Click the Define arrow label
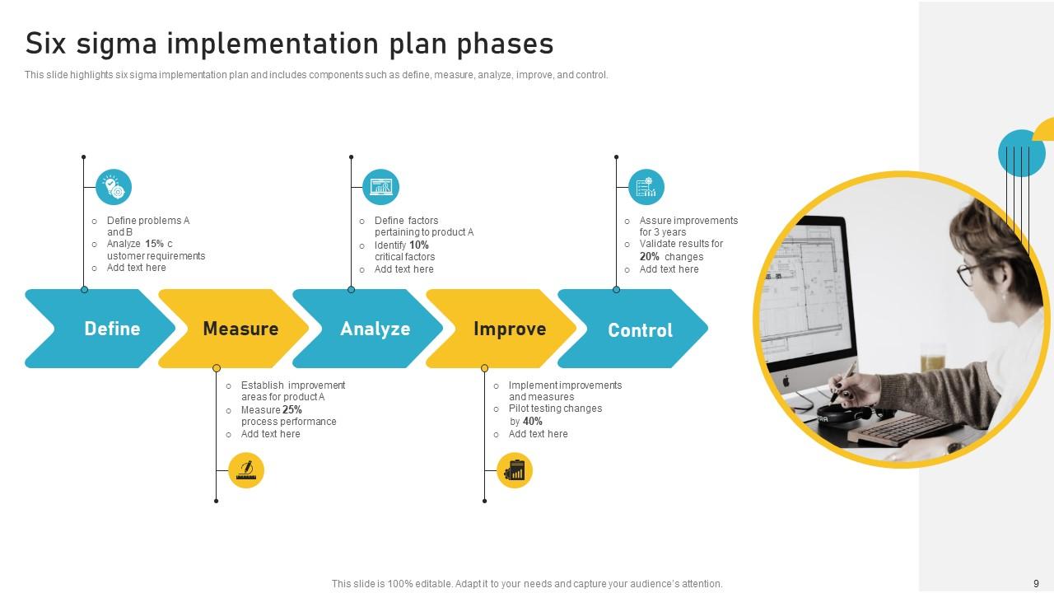pyautogui.click(x=112, y=329)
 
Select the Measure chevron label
pyautogui.click(x=240, y=329)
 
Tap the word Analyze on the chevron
pyautogui.click(x=375, y=329)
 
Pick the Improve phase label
pyautogui.click(x=509, y=329)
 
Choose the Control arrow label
pyautogui.click(x=640, y=330)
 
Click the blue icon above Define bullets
pyautogui.click(x=114, y=188)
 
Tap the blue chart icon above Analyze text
pyautogui.click(x=380, y=188)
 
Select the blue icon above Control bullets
pyautogui.click(x=646, y=188)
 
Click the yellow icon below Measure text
pyautogui.click(x=245, y=470)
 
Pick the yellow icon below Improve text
pyautogui.click(x=515, y=470)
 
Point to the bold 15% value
pyautogui.click(x=154, y=244)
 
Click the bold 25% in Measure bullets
pyautogui.click(x=292, y=409)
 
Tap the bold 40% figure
pyautogui.click(x=532, y=421)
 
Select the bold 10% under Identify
pyautogui.click(x=418, y=245)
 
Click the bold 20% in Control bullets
pyautogui.click(x=650, y=256)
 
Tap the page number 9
pyautogui.click(x=1036, y=583)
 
